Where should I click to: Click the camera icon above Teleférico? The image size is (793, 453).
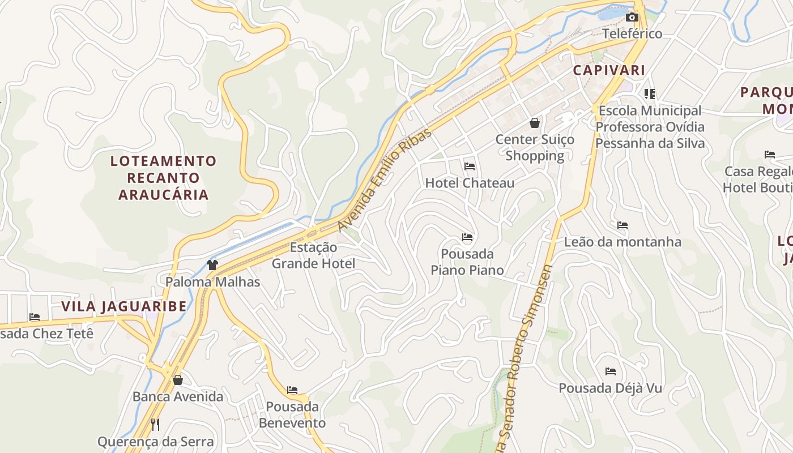click(632, 18)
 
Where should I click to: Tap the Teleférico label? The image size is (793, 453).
click(632, 33)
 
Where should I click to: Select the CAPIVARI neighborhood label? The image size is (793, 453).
click(609, 70)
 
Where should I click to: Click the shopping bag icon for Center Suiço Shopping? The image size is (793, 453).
click(535, 123)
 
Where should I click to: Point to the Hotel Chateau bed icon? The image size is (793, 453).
click(470, 166)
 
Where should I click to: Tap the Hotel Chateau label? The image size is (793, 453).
click(470, 183)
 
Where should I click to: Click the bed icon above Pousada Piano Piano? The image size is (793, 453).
click(467, 237)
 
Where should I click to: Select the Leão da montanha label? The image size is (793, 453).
click(623, 242)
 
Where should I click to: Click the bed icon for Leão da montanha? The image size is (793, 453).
click(623, 225)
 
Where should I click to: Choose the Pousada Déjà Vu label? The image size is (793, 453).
click(611, 388)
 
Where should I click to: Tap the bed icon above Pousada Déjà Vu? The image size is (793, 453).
click(611, 371)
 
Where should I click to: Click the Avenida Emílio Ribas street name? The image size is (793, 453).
click(385, 180)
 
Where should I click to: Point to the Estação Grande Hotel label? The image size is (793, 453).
click(314, 255)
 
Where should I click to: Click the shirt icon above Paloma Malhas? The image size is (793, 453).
click(212, 264)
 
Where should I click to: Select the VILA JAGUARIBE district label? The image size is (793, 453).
click(123, 306)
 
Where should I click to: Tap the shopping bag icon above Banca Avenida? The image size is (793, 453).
click(178, 380)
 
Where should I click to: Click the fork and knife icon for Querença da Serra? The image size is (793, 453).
click(155, 425)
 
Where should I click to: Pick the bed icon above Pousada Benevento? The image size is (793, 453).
click(292, 390)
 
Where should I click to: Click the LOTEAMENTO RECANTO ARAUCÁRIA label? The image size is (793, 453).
click(164, 178)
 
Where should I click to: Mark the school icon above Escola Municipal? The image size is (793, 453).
click(650, 93)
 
